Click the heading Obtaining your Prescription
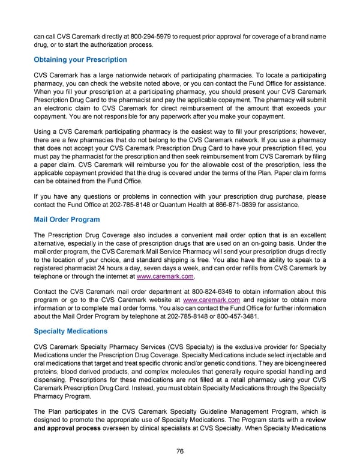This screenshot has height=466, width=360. [80, 60]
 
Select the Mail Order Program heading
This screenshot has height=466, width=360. [66, 220]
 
